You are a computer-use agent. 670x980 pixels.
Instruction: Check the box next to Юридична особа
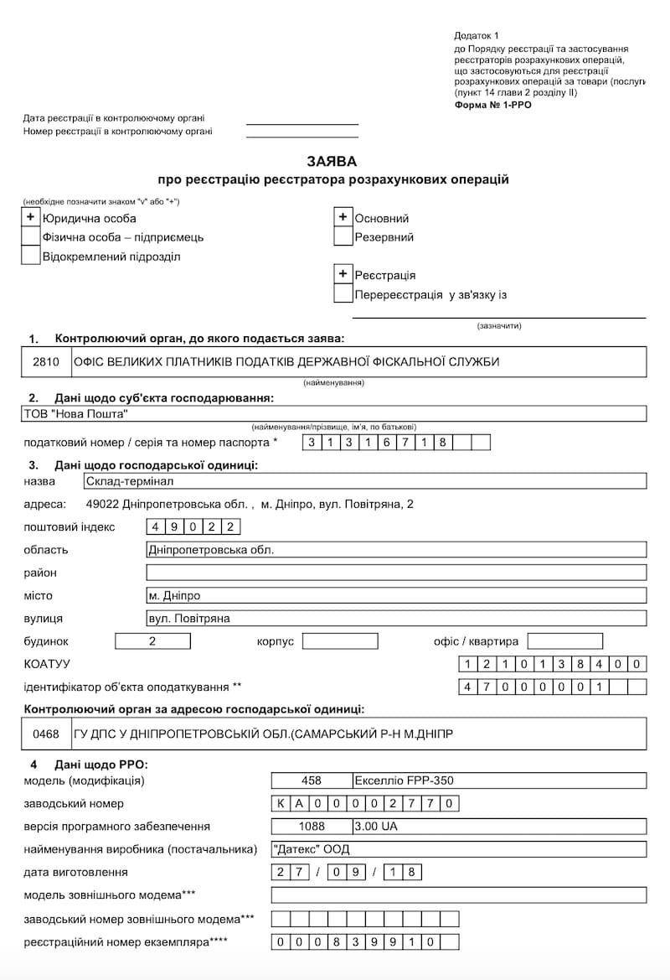(x=31, y=218)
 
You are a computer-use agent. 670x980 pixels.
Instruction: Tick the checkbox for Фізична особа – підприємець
(x=31, y=236)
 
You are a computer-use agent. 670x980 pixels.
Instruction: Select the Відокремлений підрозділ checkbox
(x=31, y=256)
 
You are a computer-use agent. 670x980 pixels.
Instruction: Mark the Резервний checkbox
(x=343, y=236)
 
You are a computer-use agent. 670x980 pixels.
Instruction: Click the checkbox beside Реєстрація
(x=343, y=274)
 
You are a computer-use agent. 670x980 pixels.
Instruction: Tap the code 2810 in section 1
(x=46, y=362)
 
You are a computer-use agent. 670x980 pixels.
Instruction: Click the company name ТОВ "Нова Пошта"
(x=76, y=413)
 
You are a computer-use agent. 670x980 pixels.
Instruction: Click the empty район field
(x=396, y=573)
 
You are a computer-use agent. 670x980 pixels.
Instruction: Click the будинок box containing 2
(x=152, y=641)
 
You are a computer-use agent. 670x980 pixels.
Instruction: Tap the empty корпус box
(x=340, y=641)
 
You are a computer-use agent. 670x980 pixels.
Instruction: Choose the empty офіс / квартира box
(x=564, y=641)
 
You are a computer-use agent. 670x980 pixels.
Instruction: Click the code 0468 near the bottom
(x=46, y=734)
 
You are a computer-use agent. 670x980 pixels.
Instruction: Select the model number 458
(x=312, y=780)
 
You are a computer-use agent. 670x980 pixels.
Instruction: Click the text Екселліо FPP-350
(x=405, y=780)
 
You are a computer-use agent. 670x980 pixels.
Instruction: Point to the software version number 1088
(x=312, y=826)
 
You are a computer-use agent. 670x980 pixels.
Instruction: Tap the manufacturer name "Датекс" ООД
(x=312, y=848)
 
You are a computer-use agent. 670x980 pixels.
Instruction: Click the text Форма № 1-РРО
(x=492, y=105)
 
